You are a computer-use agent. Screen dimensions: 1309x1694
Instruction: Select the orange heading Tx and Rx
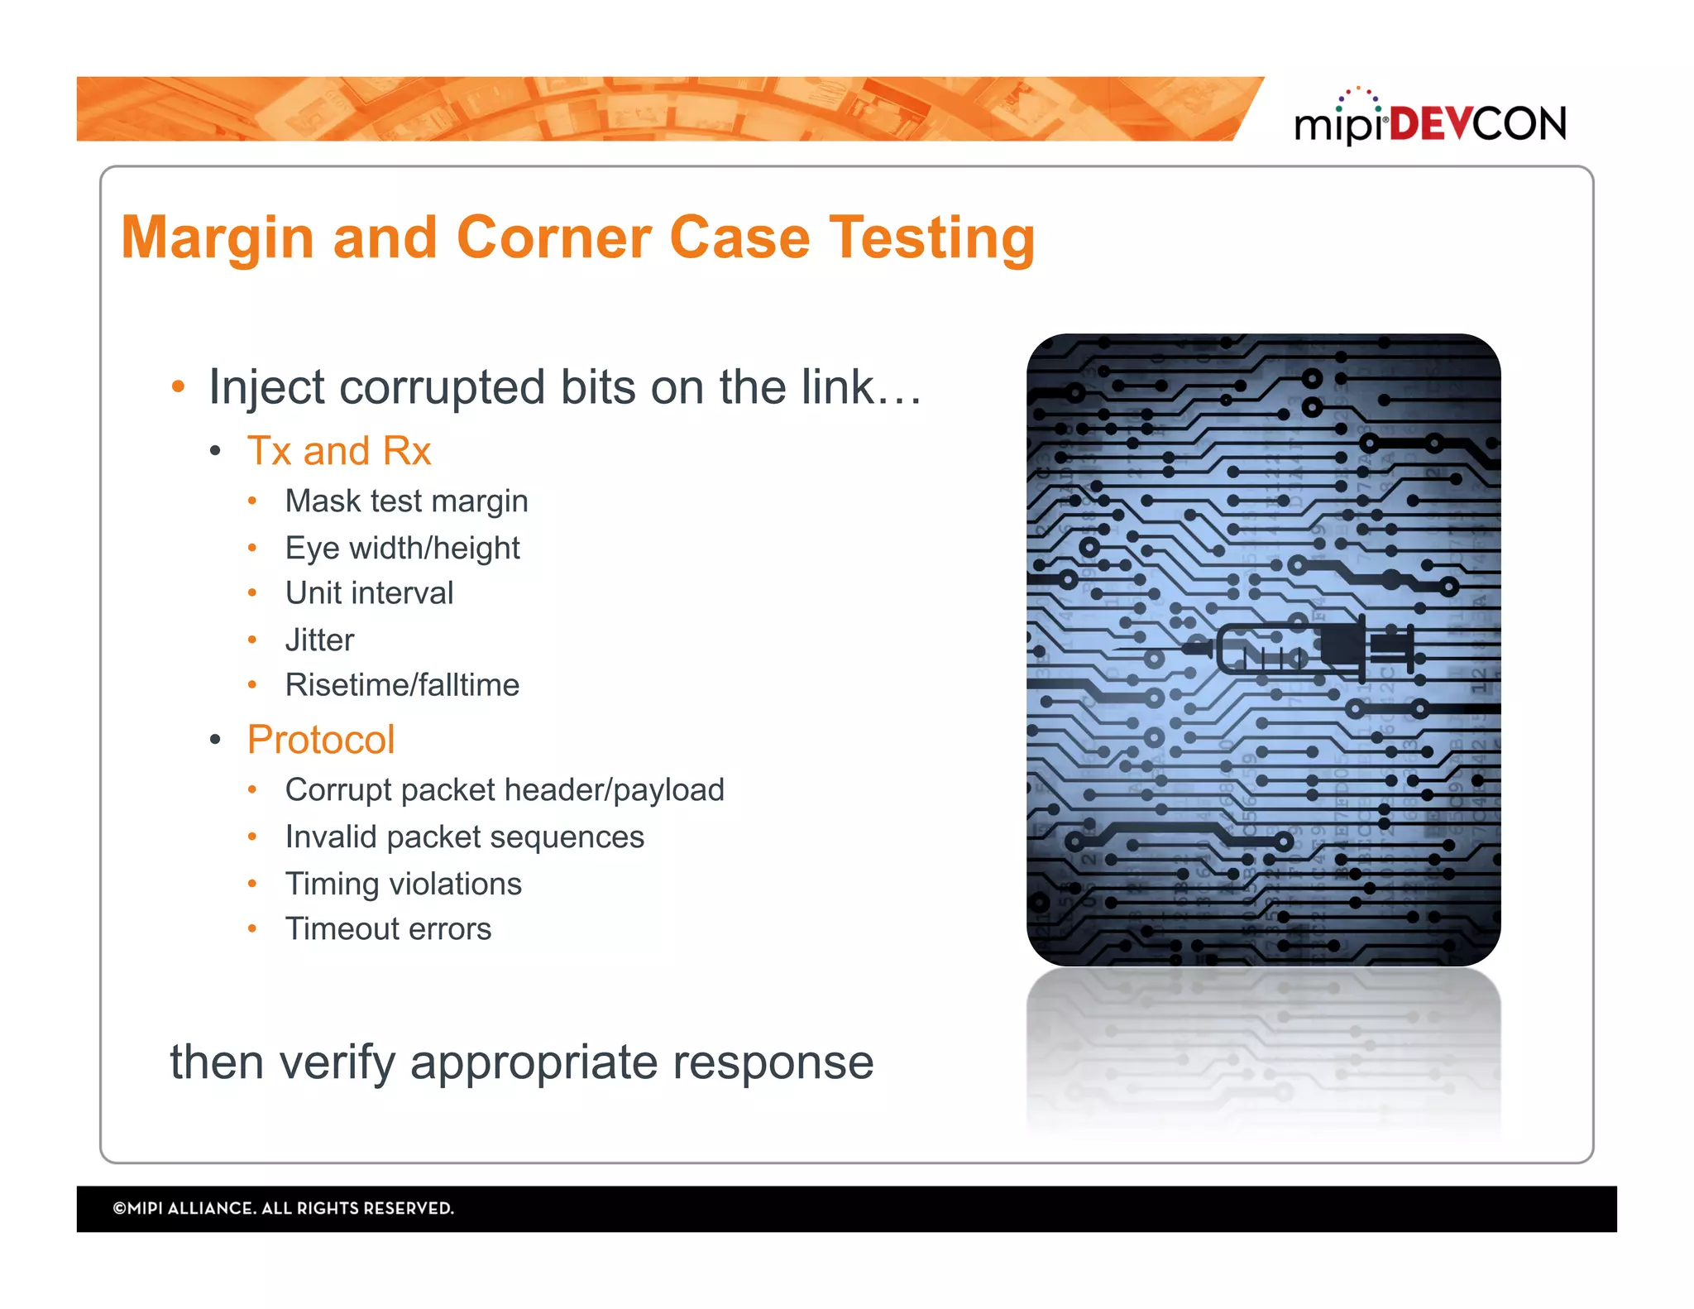339,452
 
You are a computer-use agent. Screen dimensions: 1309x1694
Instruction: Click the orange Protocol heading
321,740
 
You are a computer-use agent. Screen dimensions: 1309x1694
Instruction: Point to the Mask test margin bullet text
406,501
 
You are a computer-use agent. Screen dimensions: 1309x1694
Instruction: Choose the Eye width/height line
402,548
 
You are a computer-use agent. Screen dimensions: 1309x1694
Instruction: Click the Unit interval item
369,593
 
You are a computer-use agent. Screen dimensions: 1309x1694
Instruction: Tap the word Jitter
319,640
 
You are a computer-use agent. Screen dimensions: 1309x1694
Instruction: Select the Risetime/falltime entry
402,685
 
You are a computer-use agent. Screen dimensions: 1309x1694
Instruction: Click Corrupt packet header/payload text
505,790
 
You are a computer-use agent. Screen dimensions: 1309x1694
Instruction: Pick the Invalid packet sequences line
464,837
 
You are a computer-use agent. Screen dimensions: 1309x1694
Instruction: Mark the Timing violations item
403,885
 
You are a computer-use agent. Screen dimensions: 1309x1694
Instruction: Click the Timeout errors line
388,929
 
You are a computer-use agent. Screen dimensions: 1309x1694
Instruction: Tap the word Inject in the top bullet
266,388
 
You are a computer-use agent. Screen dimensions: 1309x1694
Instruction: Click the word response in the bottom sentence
773,1062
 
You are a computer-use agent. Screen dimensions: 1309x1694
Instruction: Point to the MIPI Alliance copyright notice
283,1209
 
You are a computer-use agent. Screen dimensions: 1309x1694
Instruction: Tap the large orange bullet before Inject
178,387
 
